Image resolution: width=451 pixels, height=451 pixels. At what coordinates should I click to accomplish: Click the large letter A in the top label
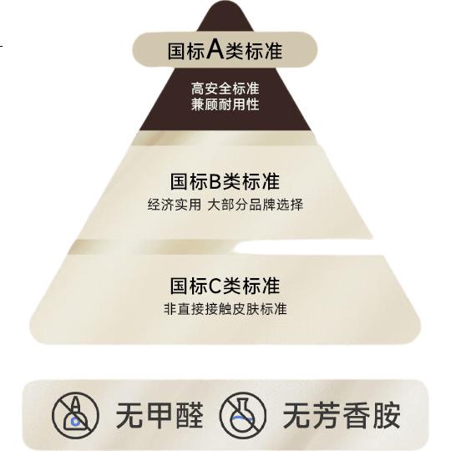click(x=215, y=48)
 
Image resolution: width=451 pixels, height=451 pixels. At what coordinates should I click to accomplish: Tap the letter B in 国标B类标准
click(x=215, y=181)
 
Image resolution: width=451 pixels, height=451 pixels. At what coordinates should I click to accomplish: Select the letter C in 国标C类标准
click(x=215, y=286)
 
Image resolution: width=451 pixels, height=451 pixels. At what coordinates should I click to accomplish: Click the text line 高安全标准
click(x=225, y=89)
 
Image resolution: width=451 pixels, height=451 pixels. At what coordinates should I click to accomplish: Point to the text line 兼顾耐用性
click(x=225, y=104)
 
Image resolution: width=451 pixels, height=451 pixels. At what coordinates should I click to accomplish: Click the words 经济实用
click(x=175, y=205)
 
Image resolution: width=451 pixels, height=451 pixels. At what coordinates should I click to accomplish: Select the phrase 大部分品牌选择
click(x=255, y=205)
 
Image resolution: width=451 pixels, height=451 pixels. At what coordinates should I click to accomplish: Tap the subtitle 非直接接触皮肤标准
click(x=225, y=309)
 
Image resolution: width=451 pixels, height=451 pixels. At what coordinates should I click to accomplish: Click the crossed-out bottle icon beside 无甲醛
click(x=76, y=415)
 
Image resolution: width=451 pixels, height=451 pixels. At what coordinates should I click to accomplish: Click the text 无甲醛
click(x=160, y=415)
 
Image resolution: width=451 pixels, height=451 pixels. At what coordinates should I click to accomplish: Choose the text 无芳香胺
click(x=342, y=415)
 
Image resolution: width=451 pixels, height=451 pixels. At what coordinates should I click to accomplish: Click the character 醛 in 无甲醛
click(x=190, y=415)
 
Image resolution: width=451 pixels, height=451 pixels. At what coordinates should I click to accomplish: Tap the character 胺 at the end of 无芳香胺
click(x=387, y=415)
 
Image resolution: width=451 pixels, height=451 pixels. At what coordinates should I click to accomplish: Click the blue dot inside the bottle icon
click(x=75, y=422)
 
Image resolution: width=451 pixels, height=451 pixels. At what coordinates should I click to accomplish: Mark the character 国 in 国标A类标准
click(x=176, y=52)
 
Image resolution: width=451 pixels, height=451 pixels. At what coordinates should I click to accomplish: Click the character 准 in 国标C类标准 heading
click(x=271, y=286)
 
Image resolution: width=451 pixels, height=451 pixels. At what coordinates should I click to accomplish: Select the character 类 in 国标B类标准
click(x=231, y=181)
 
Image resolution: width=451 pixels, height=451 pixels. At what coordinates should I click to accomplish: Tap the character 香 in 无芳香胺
click(x=357, y=415)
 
